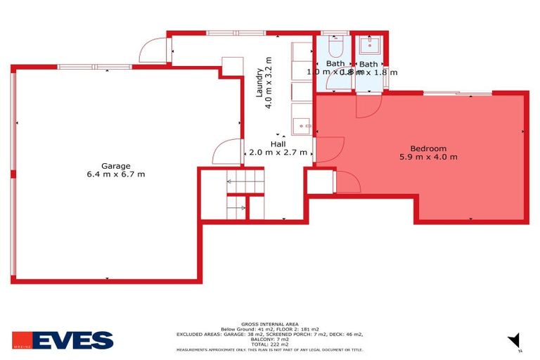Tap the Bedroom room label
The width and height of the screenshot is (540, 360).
[x=428, y=148]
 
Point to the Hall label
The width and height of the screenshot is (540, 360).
[x=278, y=143]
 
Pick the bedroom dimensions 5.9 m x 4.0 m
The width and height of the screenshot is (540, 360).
[x=428, y=157]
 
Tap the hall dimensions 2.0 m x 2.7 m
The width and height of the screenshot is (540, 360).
[x=278, y=152]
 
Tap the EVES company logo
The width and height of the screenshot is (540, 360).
[x=63, y=341]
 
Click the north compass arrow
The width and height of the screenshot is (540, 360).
[x=515, y=340]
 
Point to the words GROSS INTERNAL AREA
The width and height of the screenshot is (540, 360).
[x=270, y=323]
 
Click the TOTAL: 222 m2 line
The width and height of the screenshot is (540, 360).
[x=270, y=345]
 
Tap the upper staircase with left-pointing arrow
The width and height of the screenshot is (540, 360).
[x=245, y=185]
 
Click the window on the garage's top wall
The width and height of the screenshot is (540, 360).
[x=94, y=67]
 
